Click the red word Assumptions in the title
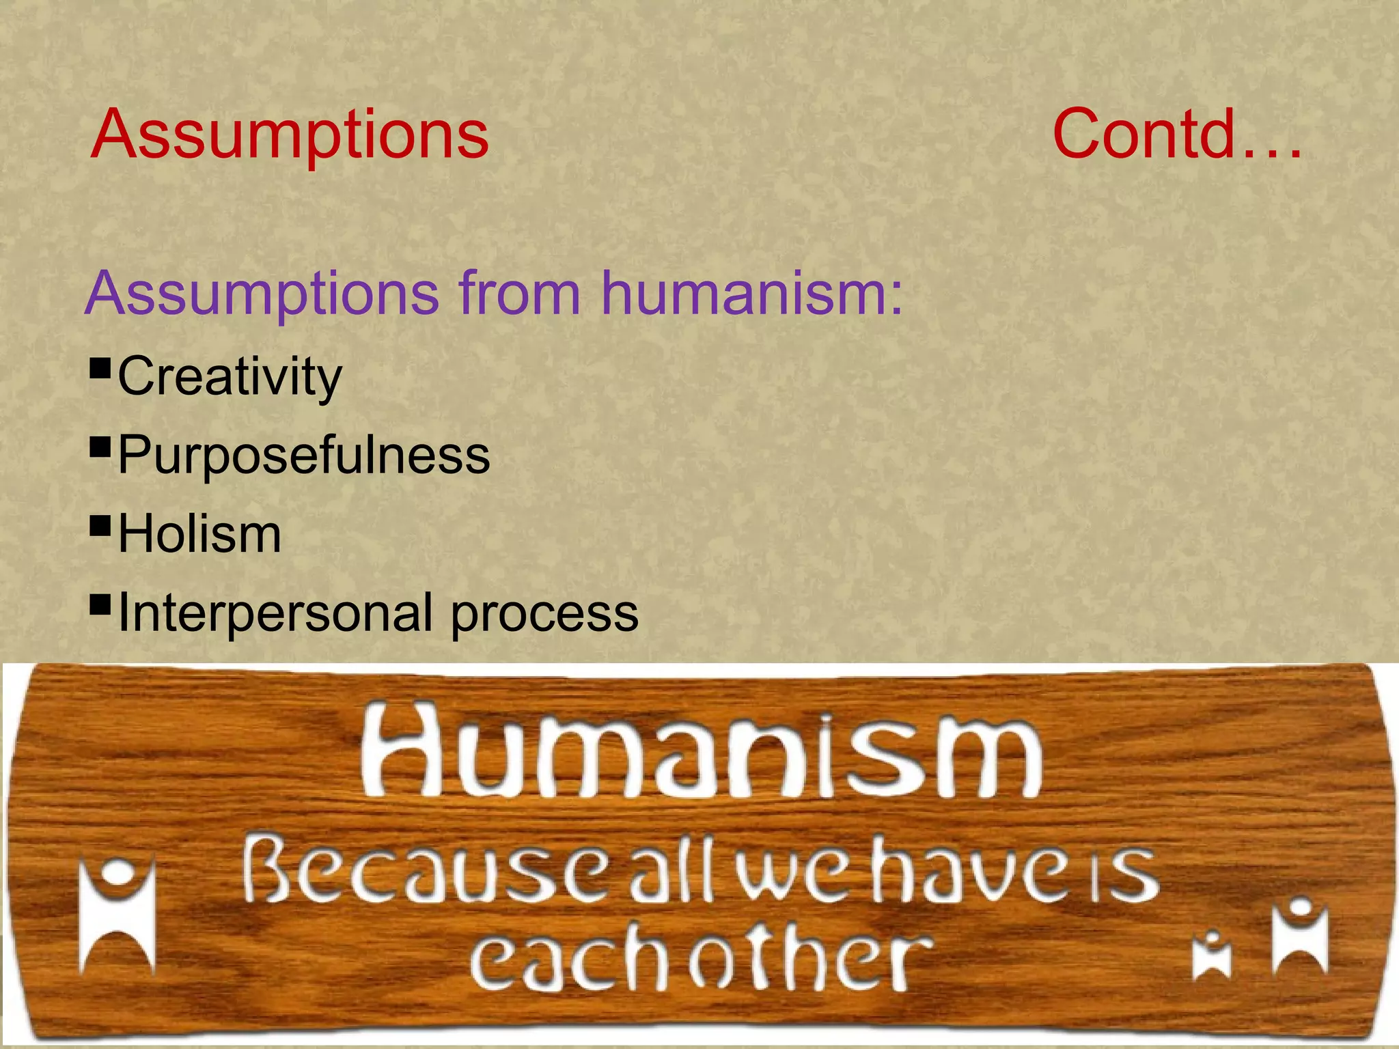coord(290,135)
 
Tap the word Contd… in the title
coord(1176,134)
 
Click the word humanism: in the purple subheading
coord(751,293)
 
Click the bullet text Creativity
coord(230,376)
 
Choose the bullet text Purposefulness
coord(304,455)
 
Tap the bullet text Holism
coord(199,534)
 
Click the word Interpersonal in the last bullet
coord(275,613)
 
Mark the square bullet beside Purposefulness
coord(100,447)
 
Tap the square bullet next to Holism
coord(100,526)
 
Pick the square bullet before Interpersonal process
coord(100,604)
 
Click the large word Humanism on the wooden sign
coord(701,754)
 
